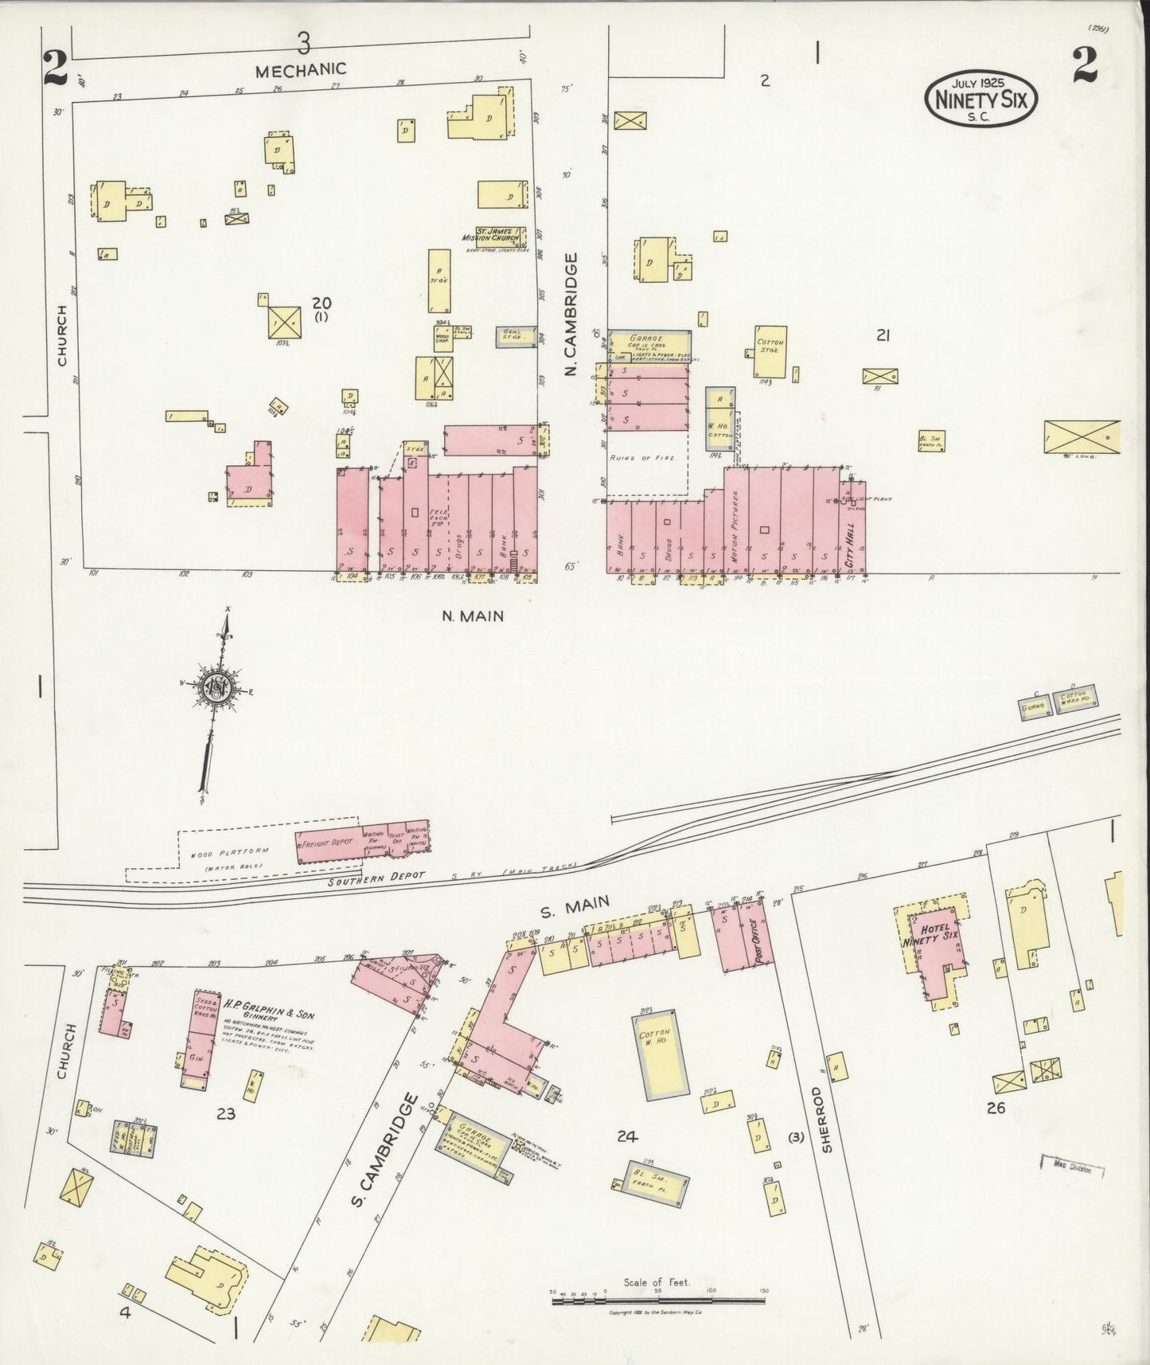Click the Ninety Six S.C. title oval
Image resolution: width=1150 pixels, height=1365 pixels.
point(980,96)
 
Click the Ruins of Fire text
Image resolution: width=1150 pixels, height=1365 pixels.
point(646,458)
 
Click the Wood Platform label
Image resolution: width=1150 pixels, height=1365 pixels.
point(228,851)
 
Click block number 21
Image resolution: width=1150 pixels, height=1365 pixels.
point(882,336)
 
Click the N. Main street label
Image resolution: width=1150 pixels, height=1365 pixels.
point(472,616)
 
